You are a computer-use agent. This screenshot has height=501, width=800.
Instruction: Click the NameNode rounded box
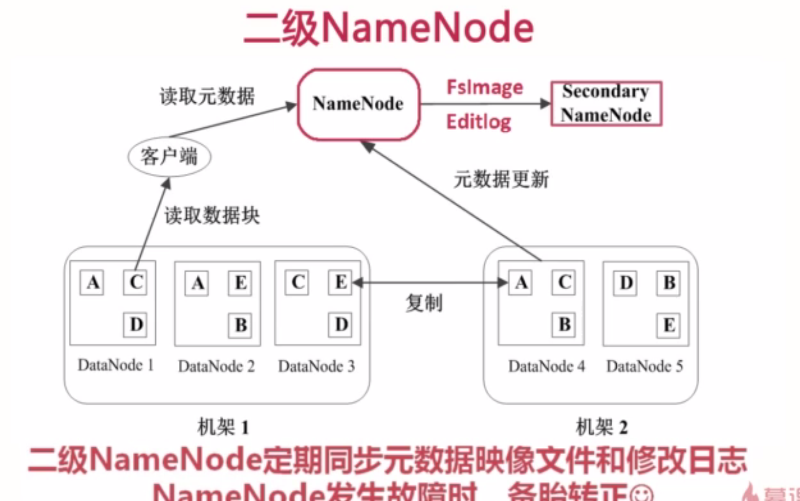point(358,104)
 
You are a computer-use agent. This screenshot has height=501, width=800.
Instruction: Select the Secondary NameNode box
point(606,103)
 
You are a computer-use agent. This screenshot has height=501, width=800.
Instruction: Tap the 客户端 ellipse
point(169,156)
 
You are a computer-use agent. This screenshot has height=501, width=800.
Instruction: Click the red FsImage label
point(484,88)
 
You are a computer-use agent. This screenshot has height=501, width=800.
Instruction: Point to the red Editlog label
point(478,121)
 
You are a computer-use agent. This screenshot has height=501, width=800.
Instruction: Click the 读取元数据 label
point(207,96)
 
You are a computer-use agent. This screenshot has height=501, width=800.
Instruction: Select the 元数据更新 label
point(501,179)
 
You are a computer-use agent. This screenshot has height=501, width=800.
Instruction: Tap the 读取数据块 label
point(212,215)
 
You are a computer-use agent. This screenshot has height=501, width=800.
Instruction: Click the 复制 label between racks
point(424,302)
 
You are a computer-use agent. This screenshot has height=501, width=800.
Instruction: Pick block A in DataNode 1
point(92,283)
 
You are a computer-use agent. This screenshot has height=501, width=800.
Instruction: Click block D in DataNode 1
point(136,325)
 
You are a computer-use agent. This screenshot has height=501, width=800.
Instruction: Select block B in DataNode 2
point(240,325)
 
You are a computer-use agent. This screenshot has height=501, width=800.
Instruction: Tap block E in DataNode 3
point(340,283)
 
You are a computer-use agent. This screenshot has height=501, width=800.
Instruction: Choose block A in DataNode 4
point(521,283)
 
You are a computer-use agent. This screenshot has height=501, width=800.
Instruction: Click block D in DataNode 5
point(625,283)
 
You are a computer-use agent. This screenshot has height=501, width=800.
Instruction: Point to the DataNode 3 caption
point(316,366)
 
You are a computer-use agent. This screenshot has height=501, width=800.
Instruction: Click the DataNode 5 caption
point(645,366)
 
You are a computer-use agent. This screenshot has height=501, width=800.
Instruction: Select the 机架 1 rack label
point(223,427)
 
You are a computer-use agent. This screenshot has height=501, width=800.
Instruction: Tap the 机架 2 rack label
point(601,427)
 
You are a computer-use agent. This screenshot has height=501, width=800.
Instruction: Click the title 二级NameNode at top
point(389,27)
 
